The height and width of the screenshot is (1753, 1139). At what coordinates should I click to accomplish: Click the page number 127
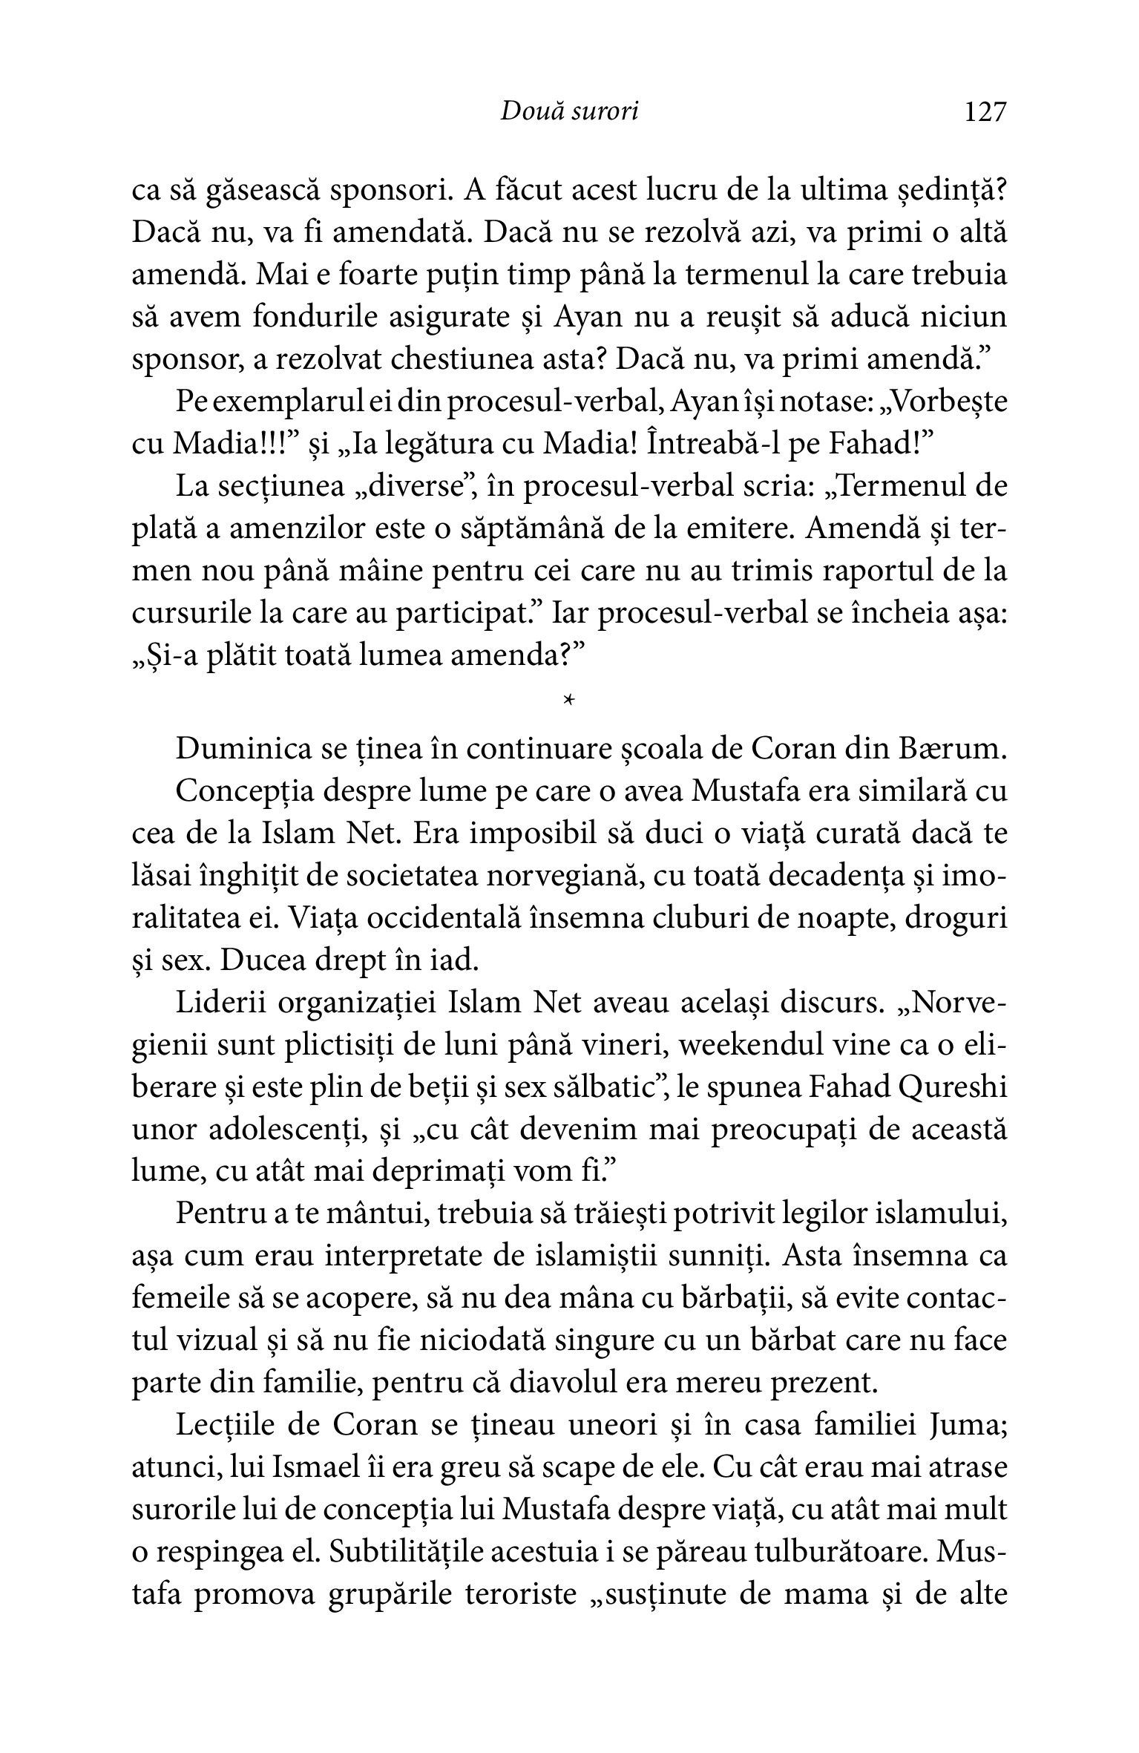point(985,112)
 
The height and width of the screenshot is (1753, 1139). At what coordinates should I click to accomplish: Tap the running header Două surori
point(569,111)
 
